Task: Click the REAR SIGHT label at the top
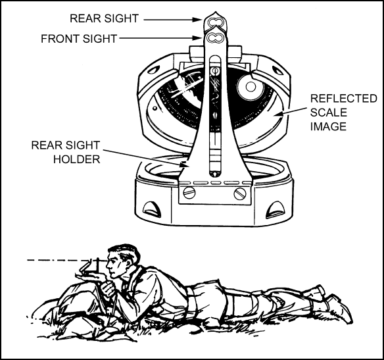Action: coord(105,18)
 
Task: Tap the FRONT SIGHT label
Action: coord(79,39)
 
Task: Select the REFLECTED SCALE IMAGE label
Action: coord(344,113)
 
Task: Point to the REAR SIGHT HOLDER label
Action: coord(66,152)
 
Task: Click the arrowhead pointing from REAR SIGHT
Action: coord(197,20)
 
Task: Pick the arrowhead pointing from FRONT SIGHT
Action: coord(197,38)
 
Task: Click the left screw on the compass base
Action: coord(189,193)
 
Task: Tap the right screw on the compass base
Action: coord(239,194)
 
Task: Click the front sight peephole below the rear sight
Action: coord(214,38)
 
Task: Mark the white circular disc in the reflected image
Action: coord(250,86)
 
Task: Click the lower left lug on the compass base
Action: coord(152,209)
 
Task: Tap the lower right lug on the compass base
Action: coord(276,209)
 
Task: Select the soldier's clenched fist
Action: coord(108,289)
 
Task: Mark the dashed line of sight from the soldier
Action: coord(59,260)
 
